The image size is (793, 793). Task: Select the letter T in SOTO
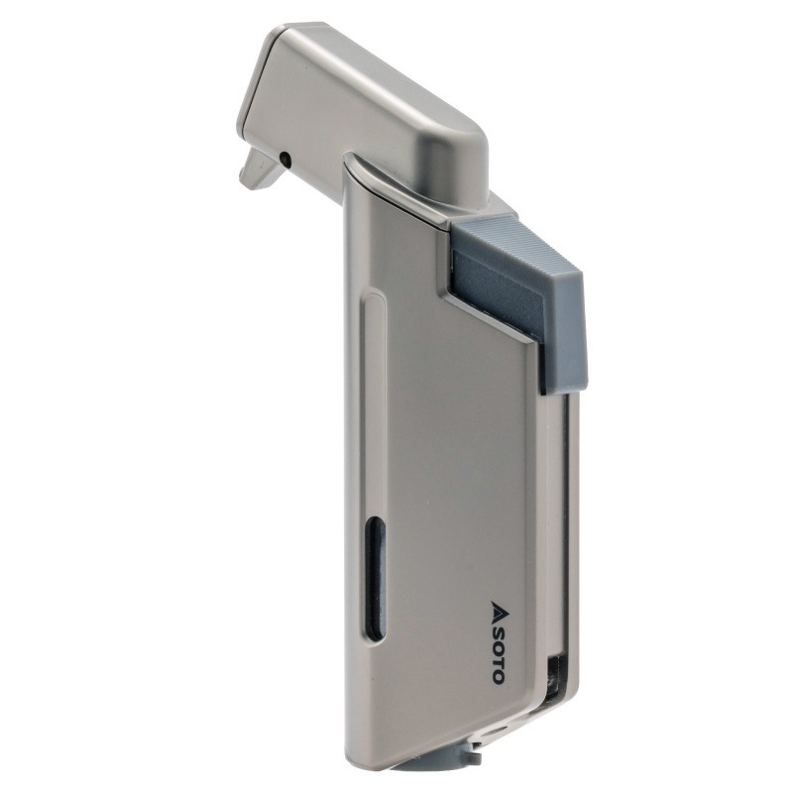click(x=499, y=659)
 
